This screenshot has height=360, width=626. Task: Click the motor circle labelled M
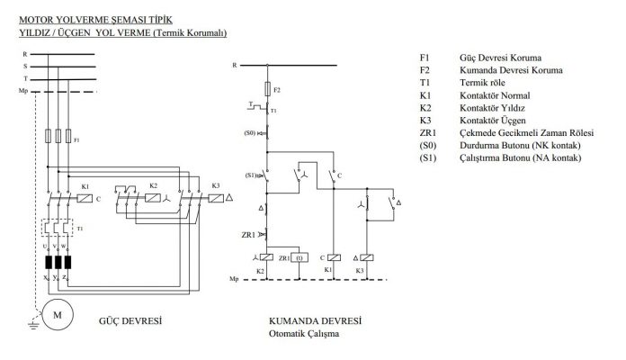(58, 315)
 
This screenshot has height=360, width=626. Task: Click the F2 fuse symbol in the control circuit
(267, 89)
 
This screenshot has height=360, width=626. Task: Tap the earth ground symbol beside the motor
(33, 324)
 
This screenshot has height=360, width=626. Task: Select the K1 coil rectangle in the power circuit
(85, 198)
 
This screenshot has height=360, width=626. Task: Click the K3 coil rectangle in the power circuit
(216, 198)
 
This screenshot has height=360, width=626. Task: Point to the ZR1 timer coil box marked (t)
(300, 257)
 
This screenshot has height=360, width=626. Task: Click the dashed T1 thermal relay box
(58, 228)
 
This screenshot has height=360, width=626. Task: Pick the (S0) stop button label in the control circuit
(249, 132)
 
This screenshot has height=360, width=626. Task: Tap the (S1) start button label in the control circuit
(250, 175)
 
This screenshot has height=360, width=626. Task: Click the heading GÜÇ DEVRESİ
(130, 320)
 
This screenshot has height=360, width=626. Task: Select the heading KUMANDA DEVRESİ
(315, 320)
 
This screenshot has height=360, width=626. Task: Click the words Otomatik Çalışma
(304, 334)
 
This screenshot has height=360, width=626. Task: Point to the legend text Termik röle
(482, 83)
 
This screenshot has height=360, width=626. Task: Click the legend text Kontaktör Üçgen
(493, 121)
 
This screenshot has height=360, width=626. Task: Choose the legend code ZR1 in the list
(428, 132)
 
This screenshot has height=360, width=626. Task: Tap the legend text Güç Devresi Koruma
(500, 58)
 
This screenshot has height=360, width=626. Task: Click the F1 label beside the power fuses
(76, 140)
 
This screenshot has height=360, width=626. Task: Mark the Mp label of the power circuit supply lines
(23, 91)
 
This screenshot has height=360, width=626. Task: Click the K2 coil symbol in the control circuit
(266, 257)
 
